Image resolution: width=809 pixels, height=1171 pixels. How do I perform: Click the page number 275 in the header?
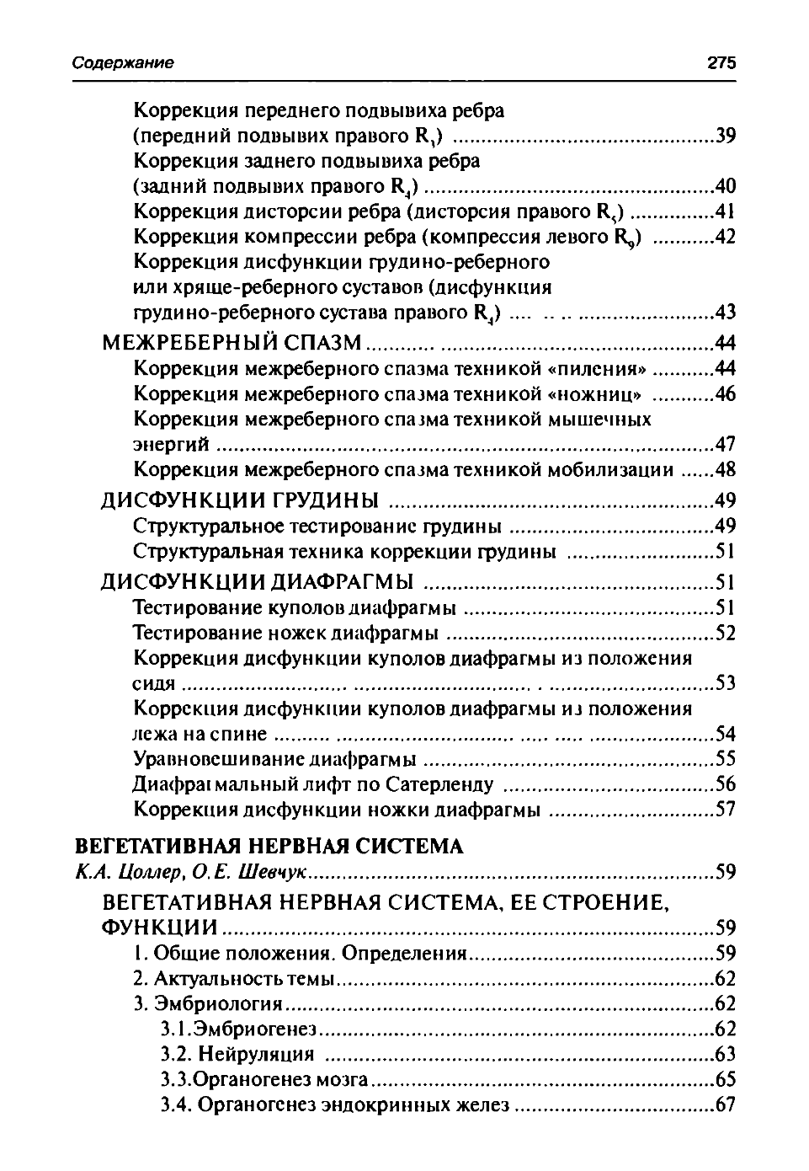[721, 63]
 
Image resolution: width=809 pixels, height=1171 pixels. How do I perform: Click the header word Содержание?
[123, 63]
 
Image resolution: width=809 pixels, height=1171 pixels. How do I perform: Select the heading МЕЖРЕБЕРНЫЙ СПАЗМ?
[232, 343]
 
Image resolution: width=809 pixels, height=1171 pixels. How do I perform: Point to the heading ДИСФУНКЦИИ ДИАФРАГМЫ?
[258, 582]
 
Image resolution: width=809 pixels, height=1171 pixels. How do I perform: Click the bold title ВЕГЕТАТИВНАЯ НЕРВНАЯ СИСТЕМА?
[269, 846]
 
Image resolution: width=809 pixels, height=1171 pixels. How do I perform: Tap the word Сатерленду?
[440, 784]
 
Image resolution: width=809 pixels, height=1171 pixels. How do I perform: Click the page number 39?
[725, 136]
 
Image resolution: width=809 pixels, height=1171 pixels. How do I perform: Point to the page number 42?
[725, 237]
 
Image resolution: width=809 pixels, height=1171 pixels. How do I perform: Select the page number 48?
[725, 469]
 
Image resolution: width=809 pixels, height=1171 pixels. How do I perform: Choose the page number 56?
[725, 784]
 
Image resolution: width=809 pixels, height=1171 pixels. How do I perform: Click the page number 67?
[725, 1104]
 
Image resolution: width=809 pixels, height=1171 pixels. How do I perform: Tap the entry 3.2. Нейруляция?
[237, 1054]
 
